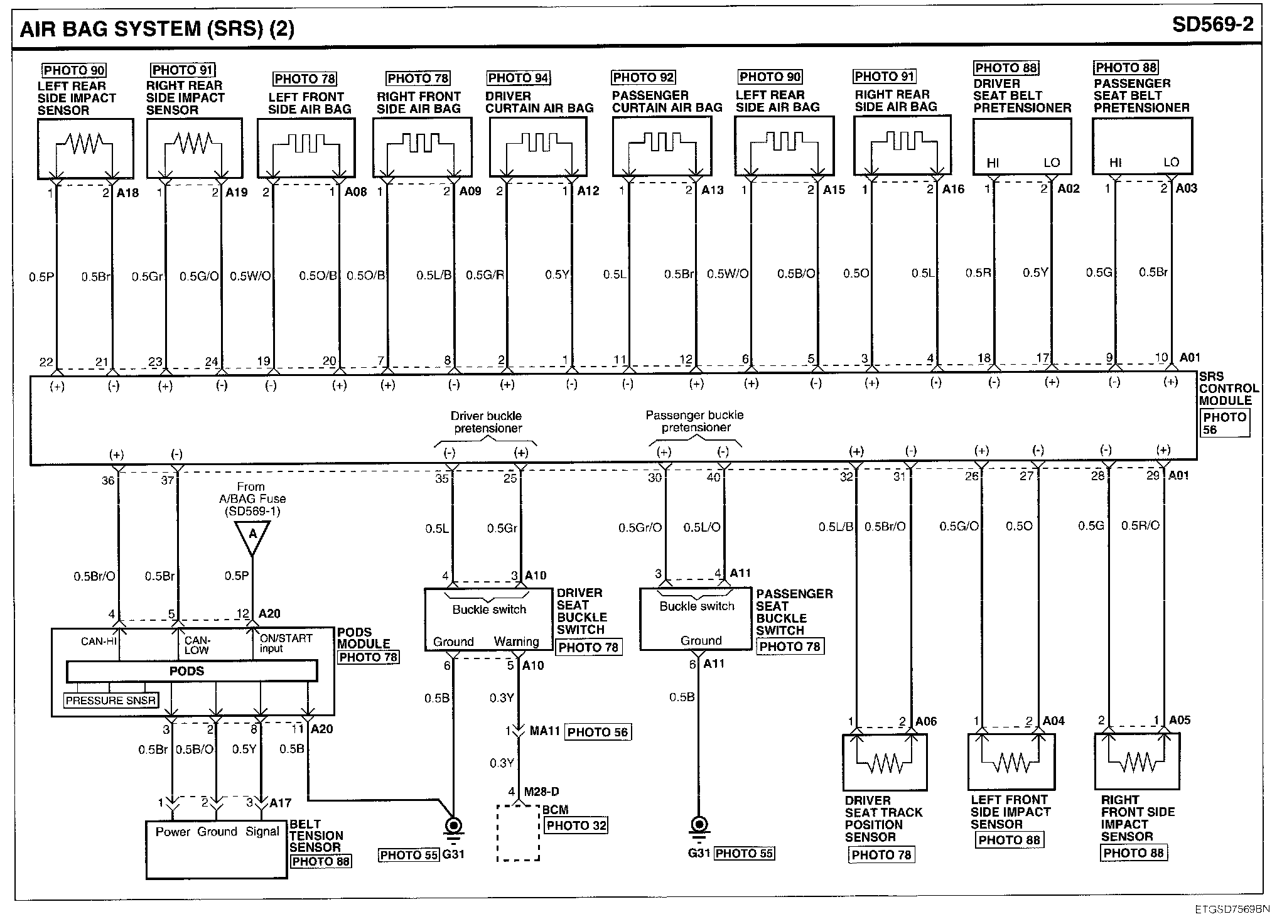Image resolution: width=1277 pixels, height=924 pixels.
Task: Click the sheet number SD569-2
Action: [x=1212, y=24]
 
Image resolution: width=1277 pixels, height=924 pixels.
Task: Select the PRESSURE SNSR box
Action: [x=110, y=701]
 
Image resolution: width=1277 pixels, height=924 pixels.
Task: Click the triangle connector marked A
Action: [x=252, y=535]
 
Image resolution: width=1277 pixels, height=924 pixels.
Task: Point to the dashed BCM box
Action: [x=518, y=832]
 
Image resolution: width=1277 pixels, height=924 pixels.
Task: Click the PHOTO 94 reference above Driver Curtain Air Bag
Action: [x=518, y=78]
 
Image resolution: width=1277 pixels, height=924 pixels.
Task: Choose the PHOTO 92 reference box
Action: [x=643, y=77]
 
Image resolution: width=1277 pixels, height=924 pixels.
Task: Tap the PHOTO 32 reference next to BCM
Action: [x=576, y=825]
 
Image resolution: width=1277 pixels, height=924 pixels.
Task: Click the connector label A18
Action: [x=128, y=193]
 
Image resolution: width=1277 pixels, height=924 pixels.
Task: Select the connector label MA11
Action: [x=544, y=731]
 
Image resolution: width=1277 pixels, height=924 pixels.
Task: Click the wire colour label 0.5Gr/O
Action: [x=640, y=528]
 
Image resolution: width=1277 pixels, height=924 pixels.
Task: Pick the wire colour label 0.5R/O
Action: [x=1140, y=525]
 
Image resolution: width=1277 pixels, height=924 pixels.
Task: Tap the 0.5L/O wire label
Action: [x=702, y=528]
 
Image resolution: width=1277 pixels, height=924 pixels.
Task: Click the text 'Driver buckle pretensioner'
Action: [x=487, y=422]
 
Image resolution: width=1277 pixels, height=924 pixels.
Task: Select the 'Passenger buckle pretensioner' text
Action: [x=695, y=421]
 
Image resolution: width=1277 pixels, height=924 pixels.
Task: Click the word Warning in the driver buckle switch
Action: [x=516, y=642]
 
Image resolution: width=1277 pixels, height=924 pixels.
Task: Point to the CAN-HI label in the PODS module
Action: [x=99, y=642]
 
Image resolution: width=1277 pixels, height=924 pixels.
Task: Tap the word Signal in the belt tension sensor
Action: [x=262, y=832]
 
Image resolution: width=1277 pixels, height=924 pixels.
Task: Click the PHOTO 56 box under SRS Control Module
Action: [x=1224, y=423]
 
